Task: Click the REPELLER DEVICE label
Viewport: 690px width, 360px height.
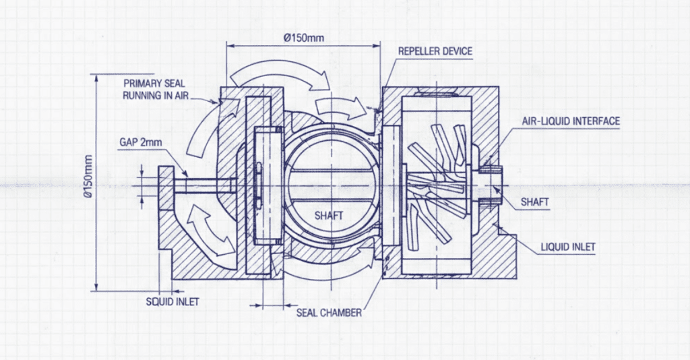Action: point(435,51)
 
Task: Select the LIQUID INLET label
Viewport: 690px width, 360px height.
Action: point(568,247)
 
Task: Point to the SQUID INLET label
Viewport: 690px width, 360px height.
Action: point(172,301)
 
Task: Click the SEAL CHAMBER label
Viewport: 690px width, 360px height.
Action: point(329,313)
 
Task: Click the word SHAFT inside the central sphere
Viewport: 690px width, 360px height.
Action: point(329,216)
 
